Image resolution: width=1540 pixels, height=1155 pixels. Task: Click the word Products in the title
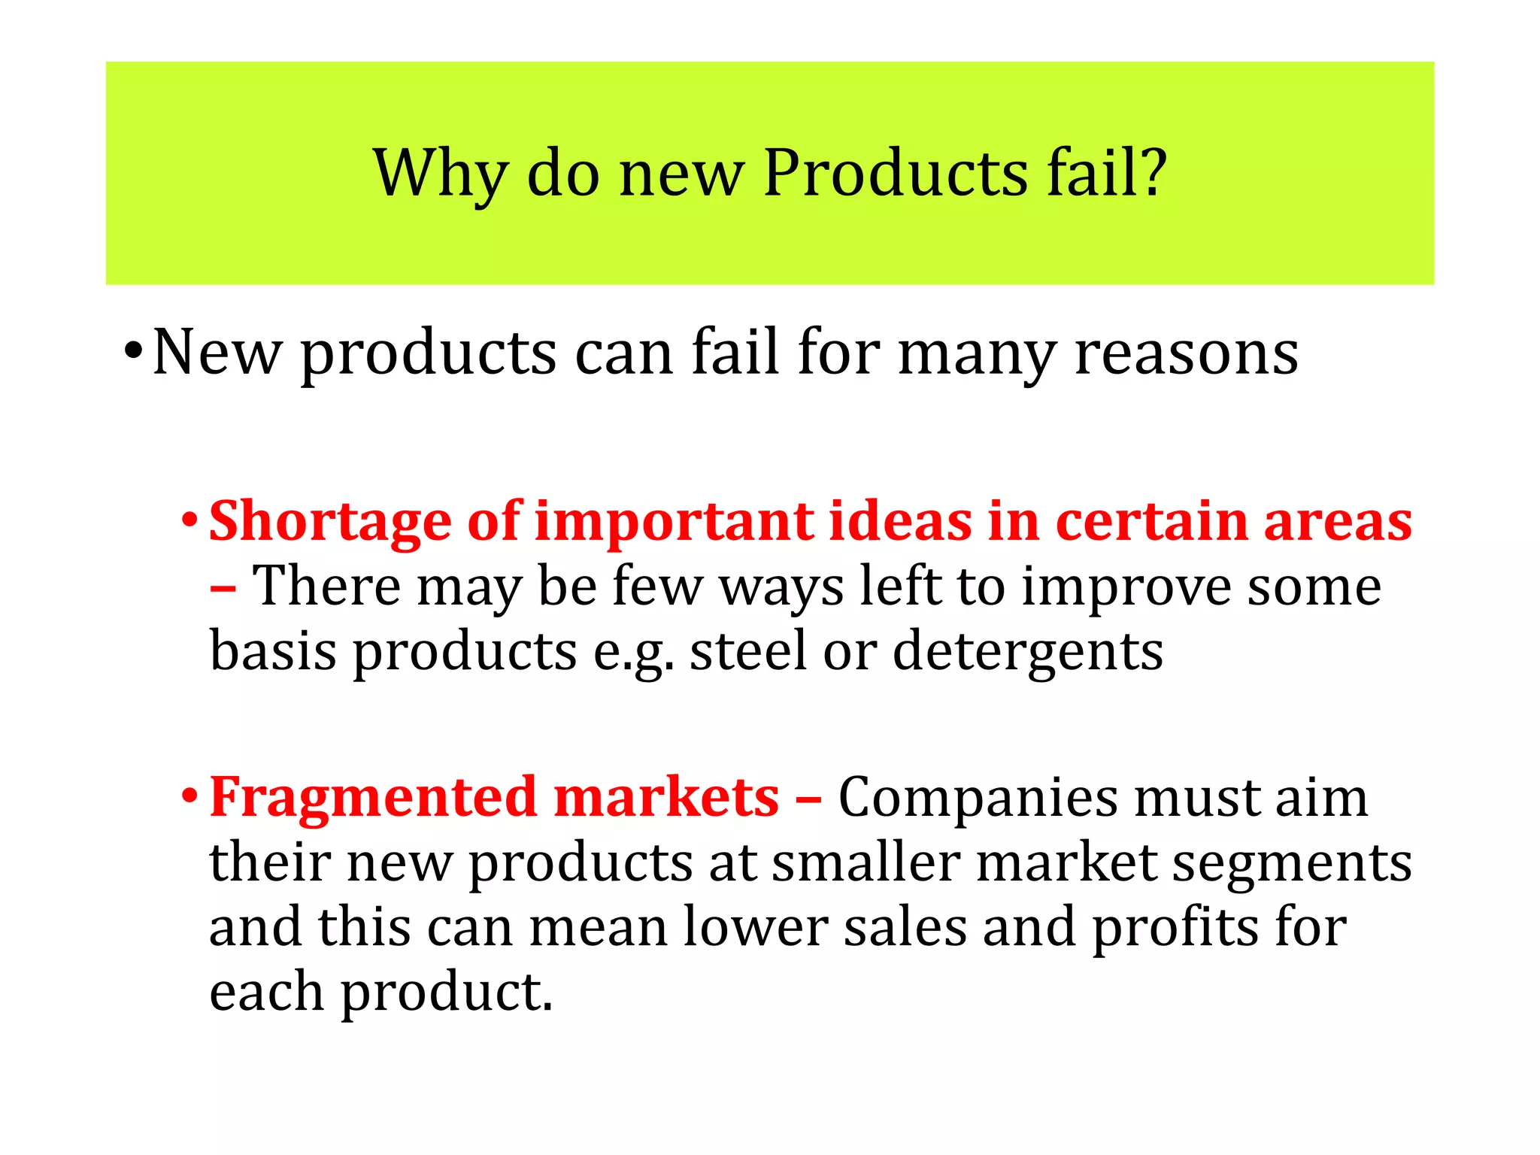pos(895,174)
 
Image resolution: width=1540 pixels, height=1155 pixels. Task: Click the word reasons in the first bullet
pos(1186,353)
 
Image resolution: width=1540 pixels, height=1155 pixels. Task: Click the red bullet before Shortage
pos(189,520)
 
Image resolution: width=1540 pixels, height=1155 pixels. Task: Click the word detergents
pos(1028,652)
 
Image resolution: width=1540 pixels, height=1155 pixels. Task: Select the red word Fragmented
pos(373,798)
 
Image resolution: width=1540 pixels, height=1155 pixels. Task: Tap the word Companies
pos(977,798)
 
